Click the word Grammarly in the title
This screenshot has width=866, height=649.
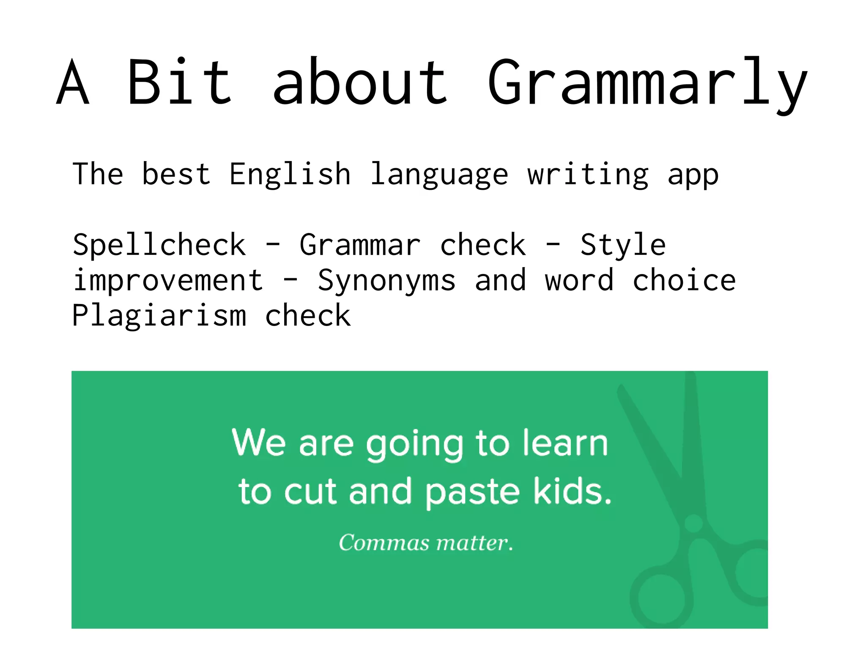[x=647, y=82]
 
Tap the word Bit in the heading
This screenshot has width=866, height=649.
[x=179, y=82]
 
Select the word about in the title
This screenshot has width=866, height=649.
[x=360, y=82]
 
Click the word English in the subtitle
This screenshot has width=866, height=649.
[x=290, y=174]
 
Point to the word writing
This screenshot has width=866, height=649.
[x=588, y=174]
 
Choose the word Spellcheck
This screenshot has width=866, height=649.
[x=159, y=245]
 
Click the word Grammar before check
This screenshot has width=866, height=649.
[x=360, y=245]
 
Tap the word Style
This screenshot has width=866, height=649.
[x=622, y=245]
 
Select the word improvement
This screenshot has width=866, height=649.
[x=168, y=280]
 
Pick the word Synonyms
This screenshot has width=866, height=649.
[x=386, y=280]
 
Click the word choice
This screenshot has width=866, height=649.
[x=684, y=280]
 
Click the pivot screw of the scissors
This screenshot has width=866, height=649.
[x=693, y=523]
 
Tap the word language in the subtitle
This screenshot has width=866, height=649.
[x=439, y=174]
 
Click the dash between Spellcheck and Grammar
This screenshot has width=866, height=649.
[x=273, y=245]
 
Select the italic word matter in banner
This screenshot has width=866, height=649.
[x=474, y=542]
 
